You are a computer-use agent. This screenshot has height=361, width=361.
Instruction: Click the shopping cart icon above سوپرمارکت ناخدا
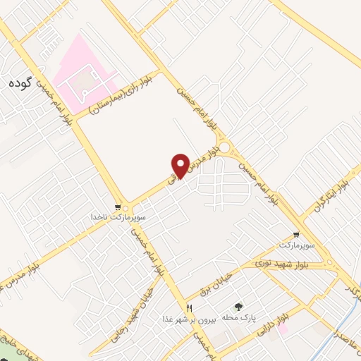(126, 209)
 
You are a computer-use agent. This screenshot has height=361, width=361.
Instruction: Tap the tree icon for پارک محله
(238, 307)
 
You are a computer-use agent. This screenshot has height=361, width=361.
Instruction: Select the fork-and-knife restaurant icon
(189, 308)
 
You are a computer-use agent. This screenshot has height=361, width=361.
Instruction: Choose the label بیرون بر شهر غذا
(191, 318)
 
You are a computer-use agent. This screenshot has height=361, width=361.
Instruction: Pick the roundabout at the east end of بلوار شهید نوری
(330, 264)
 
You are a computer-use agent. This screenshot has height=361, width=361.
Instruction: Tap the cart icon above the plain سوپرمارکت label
(295, 235)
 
